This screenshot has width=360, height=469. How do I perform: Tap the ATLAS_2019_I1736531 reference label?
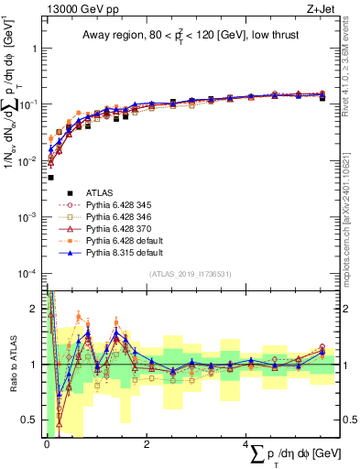tap(187, 274)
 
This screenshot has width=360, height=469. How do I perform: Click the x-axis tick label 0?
tap(47, 444)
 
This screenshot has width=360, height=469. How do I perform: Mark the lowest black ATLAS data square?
tap(50, 178)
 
